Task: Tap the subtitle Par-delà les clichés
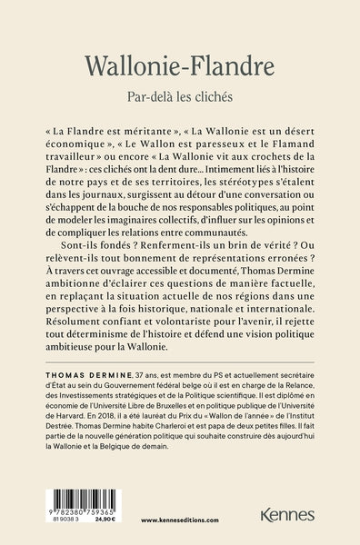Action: point(179,95)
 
